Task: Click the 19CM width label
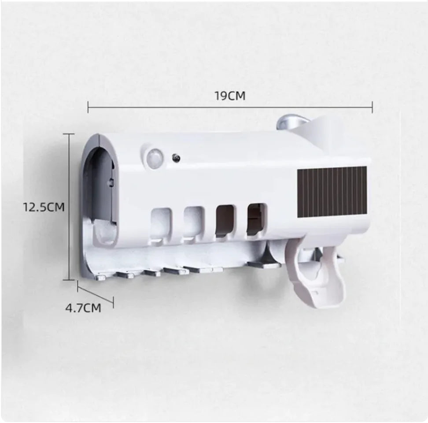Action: (x=230, y=96)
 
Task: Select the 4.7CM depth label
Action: (x=83, y=308)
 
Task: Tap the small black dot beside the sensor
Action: (x=176, y=156)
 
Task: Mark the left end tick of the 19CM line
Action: (x=88, y=107)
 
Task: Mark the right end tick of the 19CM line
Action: (x=373, y=107)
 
